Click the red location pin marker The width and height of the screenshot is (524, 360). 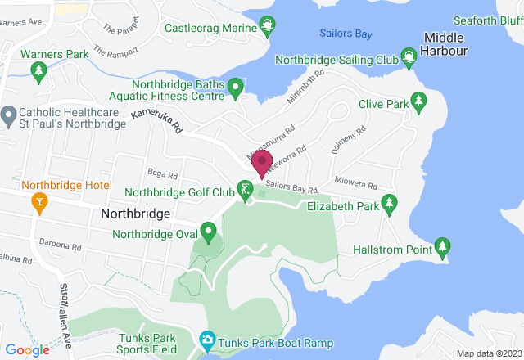[x=261, y=163]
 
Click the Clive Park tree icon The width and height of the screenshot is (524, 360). [x=419, y=101]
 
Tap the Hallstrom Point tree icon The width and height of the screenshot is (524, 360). [x=442, y=246]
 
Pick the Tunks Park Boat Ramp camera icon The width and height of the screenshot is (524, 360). [x=207, y=339]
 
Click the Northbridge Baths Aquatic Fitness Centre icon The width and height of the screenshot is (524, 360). [x=236, y=86]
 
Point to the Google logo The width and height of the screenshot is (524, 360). [x=26, y=349]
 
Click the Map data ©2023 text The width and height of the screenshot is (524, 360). [x=487, y=353]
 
